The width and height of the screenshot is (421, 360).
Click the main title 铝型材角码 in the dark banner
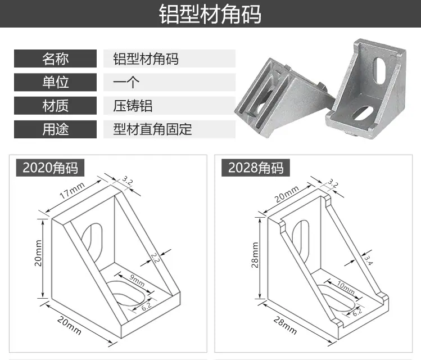coord(210,14)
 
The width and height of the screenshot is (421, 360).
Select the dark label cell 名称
coord(55,58)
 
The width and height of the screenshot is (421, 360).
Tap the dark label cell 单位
coord(55,82)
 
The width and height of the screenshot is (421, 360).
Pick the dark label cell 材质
coord(55,106)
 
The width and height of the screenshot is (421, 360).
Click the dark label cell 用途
coord(55,129)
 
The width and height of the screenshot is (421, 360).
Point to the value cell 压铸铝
coord(169,106)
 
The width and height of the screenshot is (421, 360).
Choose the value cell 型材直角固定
coord(169,129)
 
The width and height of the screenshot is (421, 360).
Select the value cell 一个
coord(169,82)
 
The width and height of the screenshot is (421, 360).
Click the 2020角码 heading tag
coord(50,168)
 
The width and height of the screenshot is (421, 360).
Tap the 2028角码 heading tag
coord(256,168)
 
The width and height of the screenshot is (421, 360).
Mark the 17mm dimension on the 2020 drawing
coord(72,190)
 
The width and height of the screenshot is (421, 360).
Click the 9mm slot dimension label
coord(137,281)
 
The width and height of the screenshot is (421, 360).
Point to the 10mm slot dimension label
coord(346,288)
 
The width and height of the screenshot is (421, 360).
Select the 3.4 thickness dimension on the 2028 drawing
coord(368,260)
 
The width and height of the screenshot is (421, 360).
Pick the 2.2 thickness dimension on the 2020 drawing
coord(155,258)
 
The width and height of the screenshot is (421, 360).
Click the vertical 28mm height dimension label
coord(255,255)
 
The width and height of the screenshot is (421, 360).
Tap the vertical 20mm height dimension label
coord(38,253)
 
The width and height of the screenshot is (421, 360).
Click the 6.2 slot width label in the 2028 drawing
coord(357,312)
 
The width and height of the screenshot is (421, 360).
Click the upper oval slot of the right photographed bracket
coord(380,70)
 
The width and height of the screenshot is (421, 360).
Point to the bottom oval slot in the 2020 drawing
coord(126,294)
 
